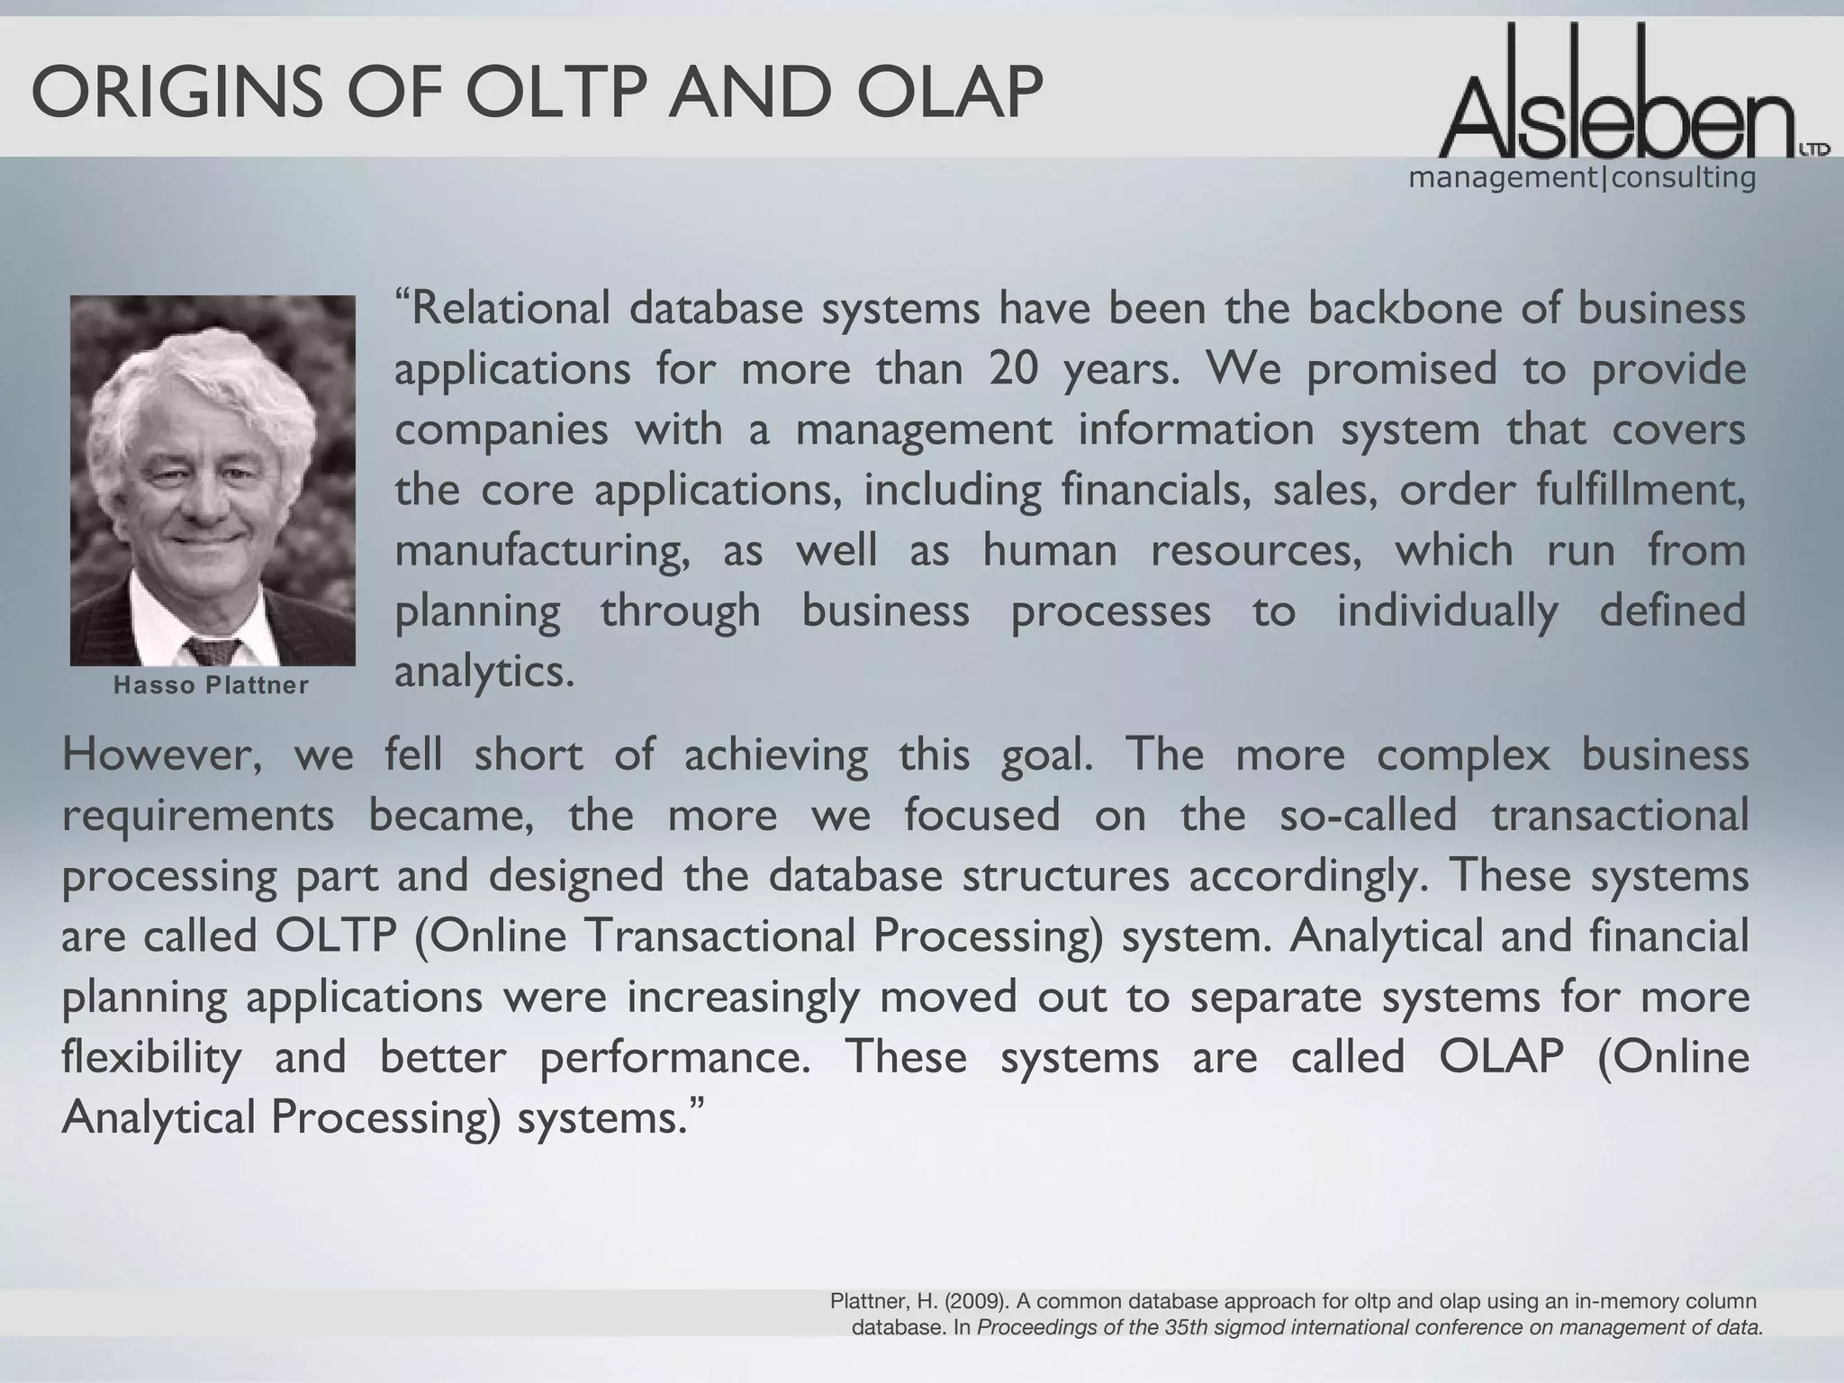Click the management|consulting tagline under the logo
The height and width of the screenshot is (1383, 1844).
click(x=1582, y=178)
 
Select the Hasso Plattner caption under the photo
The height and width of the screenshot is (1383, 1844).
click(x=212, y=686)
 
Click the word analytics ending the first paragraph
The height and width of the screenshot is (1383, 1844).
click(x=484, y=672)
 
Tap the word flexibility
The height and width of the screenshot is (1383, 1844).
click(x=152, y=1057)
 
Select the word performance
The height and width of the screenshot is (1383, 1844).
click(x=675, y=1057)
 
